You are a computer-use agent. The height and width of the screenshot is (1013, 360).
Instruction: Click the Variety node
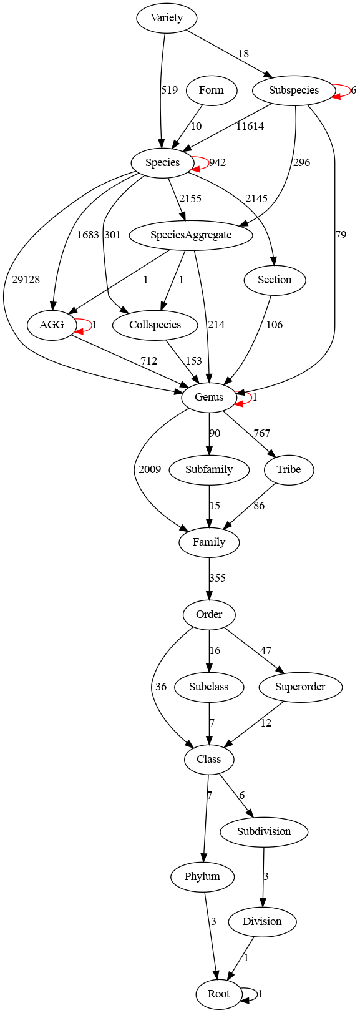click(x=167, y=17)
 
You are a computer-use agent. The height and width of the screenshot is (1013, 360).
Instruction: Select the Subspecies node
click(x=294, y=90)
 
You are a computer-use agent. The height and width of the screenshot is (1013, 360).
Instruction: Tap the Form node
click(x=211, y=90)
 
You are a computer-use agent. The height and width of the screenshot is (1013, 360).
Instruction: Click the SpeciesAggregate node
click(x=191, y=235)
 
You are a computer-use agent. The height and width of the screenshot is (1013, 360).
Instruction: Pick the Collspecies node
click(x=155, y=325)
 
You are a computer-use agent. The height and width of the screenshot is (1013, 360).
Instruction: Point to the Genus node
click(x=209, y=397)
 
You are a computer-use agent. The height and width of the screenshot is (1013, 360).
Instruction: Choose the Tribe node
click(x=288, y=469)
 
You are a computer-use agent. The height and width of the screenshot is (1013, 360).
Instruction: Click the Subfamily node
click(x=209, y=469)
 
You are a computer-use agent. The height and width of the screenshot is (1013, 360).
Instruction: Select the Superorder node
click(x=300, y=687)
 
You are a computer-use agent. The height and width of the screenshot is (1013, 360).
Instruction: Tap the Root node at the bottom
click(x=218, y=994)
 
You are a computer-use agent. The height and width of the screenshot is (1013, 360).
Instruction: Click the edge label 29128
click(x=26, y=280)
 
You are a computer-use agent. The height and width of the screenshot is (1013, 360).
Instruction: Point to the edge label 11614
click(x=250, y=126)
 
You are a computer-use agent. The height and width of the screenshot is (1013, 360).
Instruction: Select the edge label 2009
click(x=150, y=469)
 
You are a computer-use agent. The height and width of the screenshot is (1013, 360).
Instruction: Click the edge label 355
click(x=217, y=578)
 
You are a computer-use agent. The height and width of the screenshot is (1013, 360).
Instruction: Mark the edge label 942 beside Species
click(x=217, y=162)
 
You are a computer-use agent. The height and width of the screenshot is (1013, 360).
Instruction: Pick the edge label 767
click(x=261, y=433)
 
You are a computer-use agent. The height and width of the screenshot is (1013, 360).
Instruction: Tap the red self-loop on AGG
click(x=84, y=325)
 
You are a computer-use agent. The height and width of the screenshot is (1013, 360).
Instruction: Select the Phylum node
click(x=202, y=876)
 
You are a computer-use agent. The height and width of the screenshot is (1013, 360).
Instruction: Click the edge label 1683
click(x=87, y=235)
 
